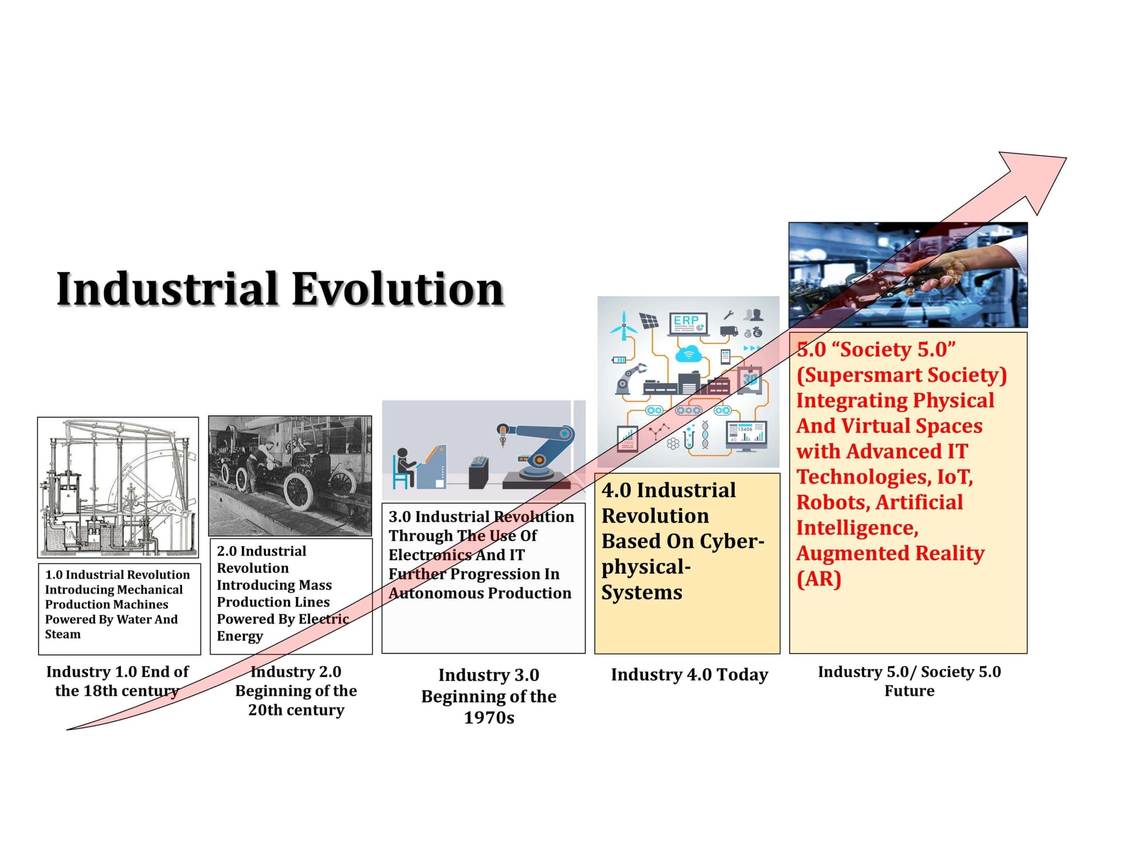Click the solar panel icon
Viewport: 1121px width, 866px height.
tap(649, 321)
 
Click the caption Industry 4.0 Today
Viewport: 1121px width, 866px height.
tap(689, 675)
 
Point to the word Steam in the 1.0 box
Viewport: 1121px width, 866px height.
tap(63, 634)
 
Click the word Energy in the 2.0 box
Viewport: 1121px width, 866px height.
tap(240, 636)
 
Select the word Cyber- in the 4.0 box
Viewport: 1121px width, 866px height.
tap(733, 541)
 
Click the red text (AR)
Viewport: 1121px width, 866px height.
tap(819, 579)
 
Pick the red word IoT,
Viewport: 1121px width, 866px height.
tap(955, 477)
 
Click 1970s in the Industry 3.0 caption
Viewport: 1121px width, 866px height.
tap(489, 718)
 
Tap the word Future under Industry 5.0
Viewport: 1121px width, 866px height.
tap(909, 691)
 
